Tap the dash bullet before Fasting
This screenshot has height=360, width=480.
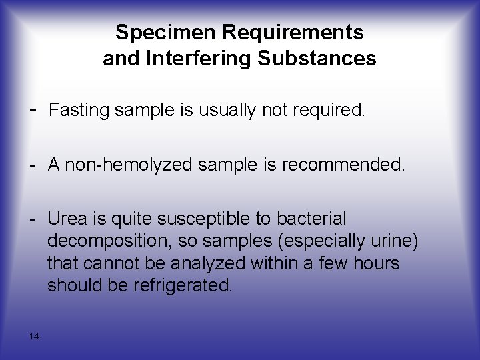pyautogui.click(x=34, y=109)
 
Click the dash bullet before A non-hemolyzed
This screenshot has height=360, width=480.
pyautogui.click(x=33, y=164)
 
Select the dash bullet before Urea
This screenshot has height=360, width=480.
pyautogui.click(x=33, y=219)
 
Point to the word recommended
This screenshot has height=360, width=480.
pyautogui.click(x=347, y=165)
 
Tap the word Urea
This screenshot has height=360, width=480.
pyautogui.click(x=66, y=219)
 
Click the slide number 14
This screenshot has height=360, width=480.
pyautogui.click(x=35, y=335)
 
